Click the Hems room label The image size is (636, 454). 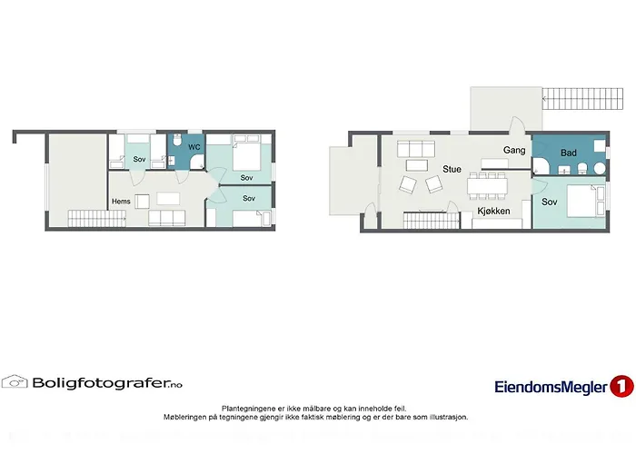tap(121, 201)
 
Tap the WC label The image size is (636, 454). tap(194, 147)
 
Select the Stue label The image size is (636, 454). tap(452, 169)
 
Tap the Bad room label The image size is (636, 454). tap(570, 153)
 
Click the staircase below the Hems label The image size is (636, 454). tap(95, 217)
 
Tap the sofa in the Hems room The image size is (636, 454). tap(167, 217)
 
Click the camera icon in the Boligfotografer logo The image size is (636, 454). tap(15, 382)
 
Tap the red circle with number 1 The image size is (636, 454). tap(622, 386)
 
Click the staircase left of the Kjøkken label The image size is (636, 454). tap(427, 220)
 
